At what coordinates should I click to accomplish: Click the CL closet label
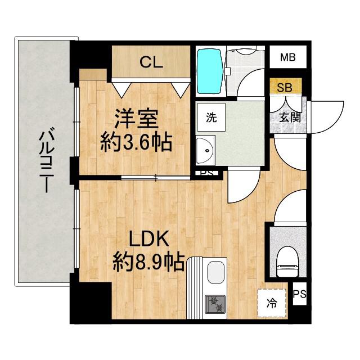(x=151, y=62)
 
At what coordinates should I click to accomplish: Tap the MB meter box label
(x=288, y=57)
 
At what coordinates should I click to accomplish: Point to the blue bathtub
(x=210, y=71)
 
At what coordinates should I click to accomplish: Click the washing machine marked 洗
(x=211, y=118)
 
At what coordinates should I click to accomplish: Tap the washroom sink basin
(x=205, y=151)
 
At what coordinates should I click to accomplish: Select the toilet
(x=288, y=262)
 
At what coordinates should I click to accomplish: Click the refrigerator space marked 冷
(x=272, y=303)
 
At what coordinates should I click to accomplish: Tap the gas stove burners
(x=215, y=304)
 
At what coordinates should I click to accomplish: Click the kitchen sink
(x=215, y=274)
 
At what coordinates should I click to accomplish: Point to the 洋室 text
(x=136, y=119)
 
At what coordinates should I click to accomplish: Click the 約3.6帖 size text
(x=136, y=143)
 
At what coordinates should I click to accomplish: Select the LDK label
(x=149, y=239)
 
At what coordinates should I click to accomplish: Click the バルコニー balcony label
(x=46, y=161)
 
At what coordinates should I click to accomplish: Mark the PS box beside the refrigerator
(x=300, y=294)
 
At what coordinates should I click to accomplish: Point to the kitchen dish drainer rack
(x=195, y=289)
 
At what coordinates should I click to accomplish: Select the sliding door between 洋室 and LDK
(x=156, y=178)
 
